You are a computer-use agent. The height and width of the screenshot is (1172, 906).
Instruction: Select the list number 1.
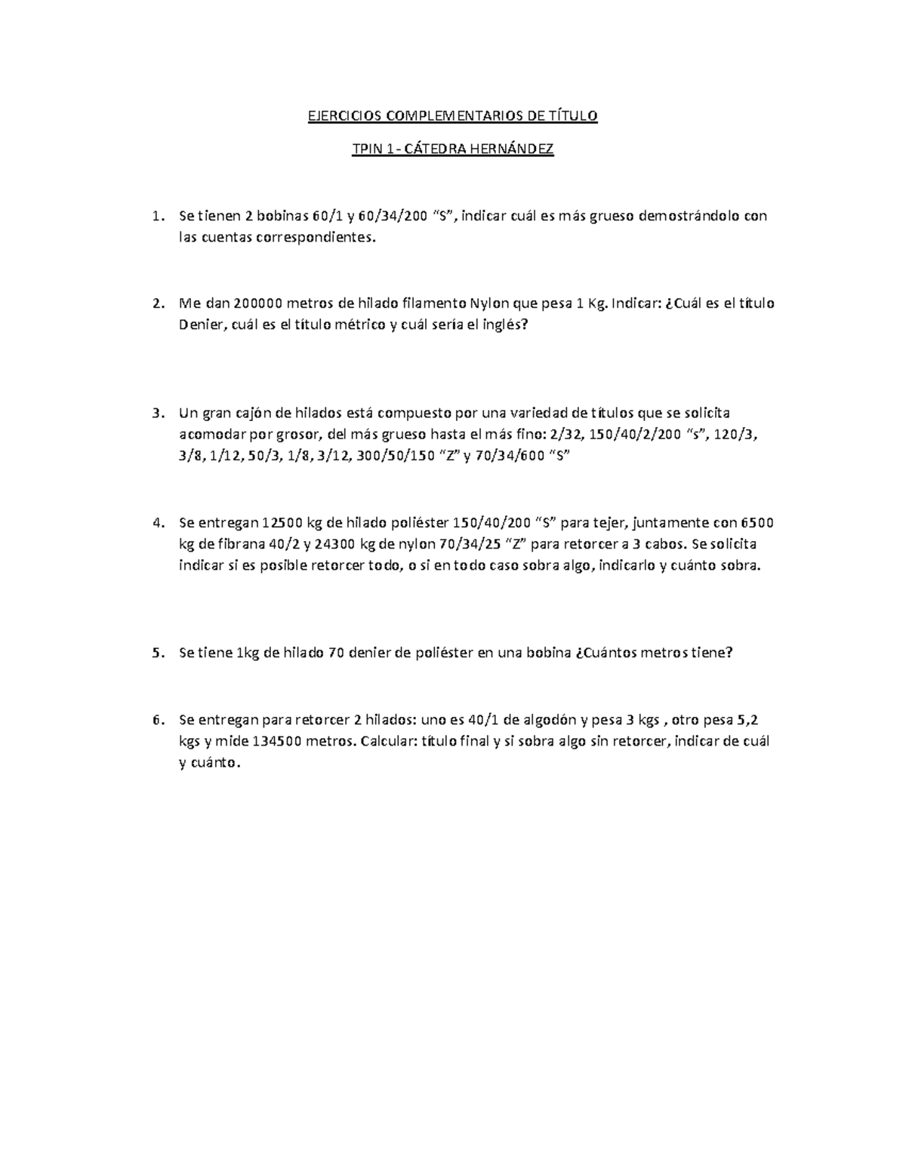156,217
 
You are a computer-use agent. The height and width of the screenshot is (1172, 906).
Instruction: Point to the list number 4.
157,523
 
